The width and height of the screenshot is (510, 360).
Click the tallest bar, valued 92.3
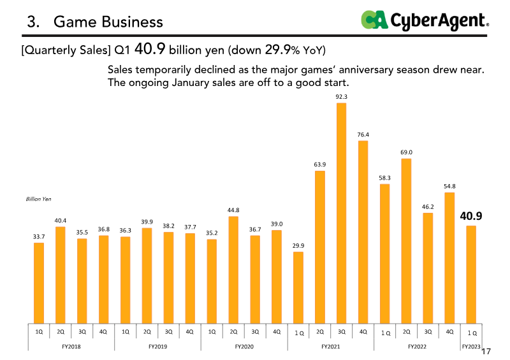(341, 213)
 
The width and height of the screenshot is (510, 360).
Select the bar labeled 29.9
(298, 287)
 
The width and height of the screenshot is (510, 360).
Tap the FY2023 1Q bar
(471, 274)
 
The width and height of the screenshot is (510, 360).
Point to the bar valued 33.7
(39, 282)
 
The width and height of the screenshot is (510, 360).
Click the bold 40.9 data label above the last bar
(471, 216)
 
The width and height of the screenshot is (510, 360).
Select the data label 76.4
(363, 134)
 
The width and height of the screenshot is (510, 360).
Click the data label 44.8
(233, 210)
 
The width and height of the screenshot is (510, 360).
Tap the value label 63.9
(319, 164)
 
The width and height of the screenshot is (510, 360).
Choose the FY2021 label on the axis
(330, 346)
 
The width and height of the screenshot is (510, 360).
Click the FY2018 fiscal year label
(71, 346)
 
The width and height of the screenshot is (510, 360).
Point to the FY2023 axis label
(471, 346)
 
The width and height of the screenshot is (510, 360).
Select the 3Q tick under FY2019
(168, 332)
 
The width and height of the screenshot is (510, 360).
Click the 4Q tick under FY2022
(449, 332)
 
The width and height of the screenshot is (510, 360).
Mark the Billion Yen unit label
(38, 199)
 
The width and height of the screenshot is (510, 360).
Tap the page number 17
(487, 352)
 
